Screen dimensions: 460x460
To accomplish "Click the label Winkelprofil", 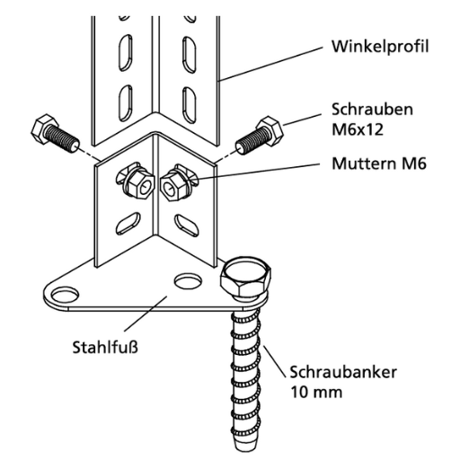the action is (x=380, y=47).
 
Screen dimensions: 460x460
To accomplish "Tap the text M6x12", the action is (x=358, y=129).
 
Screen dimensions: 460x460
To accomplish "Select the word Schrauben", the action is (x=372, y=110).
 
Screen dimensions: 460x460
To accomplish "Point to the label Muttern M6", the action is (x=379, y=164).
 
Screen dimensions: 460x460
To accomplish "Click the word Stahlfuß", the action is (x=105, y=347).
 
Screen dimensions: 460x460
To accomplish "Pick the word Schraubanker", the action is (x=343, y=372).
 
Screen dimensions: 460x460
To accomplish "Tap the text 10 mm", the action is (x=316, y=392).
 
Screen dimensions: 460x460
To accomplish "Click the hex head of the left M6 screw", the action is (x=44, y=128).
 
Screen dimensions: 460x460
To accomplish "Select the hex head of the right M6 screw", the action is (x=270, y=131).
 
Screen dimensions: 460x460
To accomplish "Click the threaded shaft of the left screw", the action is (x=63, y=138).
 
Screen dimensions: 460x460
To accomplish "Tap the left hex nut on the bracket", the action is (x=138, y=185).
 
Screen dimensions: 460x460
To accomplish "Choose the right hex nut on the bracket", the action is (x=172, y=185).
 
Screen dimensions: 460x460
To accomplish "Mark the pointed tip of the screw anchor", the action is (x=243, y=449).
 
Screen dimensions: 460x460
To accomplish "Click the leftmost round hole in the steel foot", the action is (x=65, y=295).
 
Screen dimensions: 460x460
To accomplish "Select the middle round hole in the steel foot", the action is (x=188, y=280).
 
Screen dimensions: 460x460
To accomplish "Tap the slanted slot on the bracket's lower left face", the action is (x=128, y=223).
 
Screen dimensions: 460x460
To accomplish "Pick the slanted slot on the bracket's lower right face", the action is (x=187, y=224).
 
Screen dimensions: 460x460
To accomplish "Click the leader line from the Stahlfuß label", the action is (x=146, y=314).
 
